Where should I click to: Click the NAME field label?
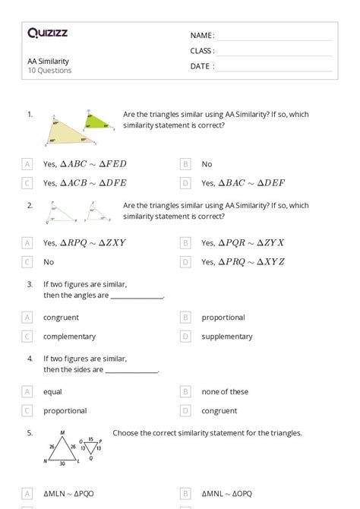(x=202, y=36)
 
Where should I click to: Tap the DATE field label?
(x=202, y=66)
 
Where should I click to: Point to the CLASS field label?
(x=202, y=51)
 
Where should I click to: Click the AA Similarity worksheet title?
(x=47, y=61)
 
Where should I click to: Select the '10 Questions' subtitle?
(x=49, y=71)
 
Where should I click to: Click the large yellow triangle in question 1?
(x=63, y=132)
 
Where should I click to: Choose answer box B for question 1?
(x=185, y=163)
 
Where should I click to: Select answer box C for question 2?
(x=27, y=262)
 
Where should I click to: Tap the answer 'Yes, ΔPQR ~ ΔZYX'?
(x=243, y=242)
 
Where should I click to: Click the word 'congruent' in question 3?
(x=61, y=318)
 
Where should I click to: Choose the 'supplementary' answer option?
(x=227, y=337)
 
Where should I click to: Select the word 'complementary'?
(x=69, y=337)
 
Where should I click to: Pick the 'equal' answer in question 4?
(x=52, y=392)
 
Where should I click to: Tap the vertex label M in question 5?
(x=62, y=433)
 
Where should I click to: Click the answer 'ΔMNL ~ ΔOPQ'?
(x=231, y=494)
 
